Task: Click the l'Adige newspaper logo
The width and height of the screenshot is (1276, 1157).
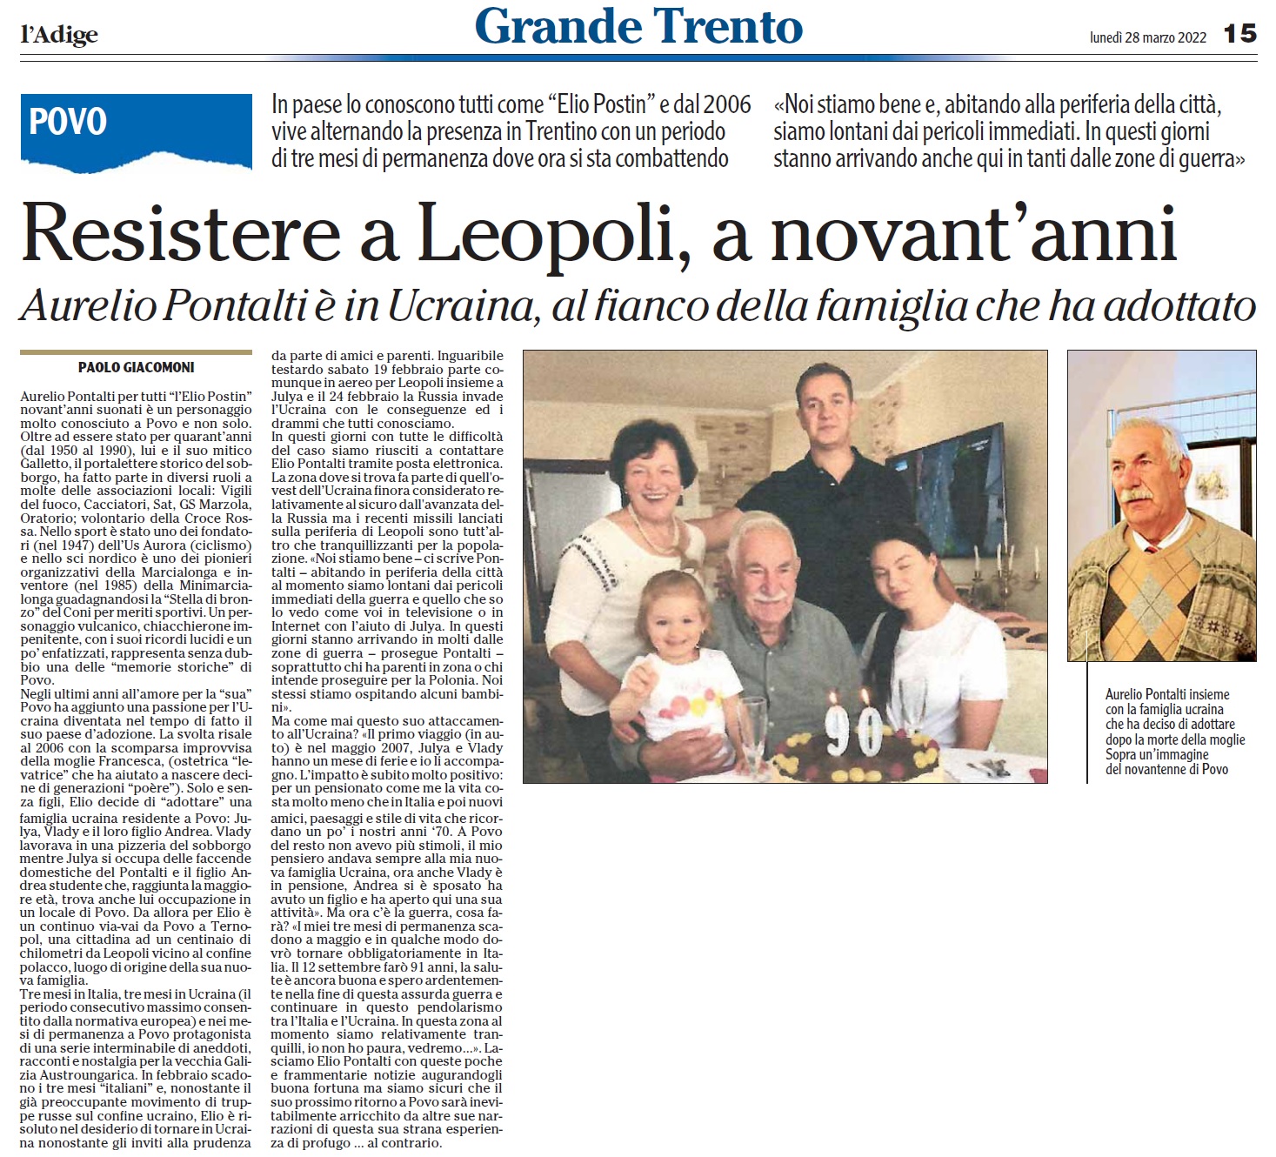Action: tap(59, 34)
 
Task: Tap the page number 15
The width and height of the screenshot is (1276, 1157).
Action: tap(1239, 34)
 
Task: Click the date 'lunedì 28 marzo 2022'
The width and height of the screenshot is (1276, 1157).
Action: tap(1147, 37)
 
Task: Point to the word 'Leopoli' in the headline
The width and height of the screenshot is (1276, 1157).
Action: tap(549, 235)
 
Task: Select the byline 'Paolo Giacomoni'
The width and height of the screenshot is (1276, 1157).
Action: tap(137, 367)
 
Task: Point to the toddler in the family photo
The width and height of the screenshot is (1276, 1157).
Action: tap(674, 626)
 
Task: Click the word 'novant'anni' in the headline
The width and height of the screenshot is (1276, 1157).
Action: tap(973, 235)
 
